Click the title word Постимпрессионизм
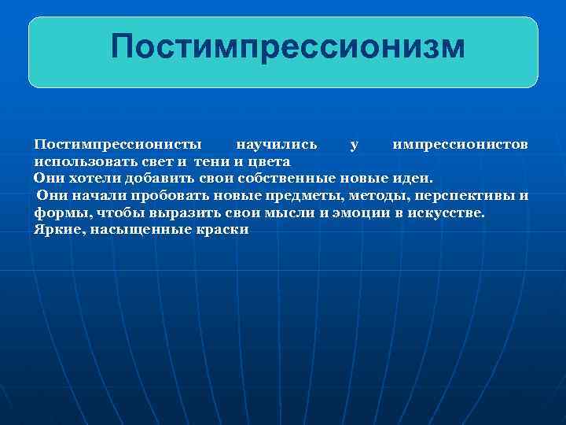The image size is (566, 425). [x=288, y=46]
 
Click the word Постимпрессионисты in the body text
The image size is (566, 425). [x=117, y=145]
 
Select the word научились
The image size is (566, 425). [x=277, y=145]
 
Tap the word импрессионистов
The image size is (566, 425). [x=461, y=145]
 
